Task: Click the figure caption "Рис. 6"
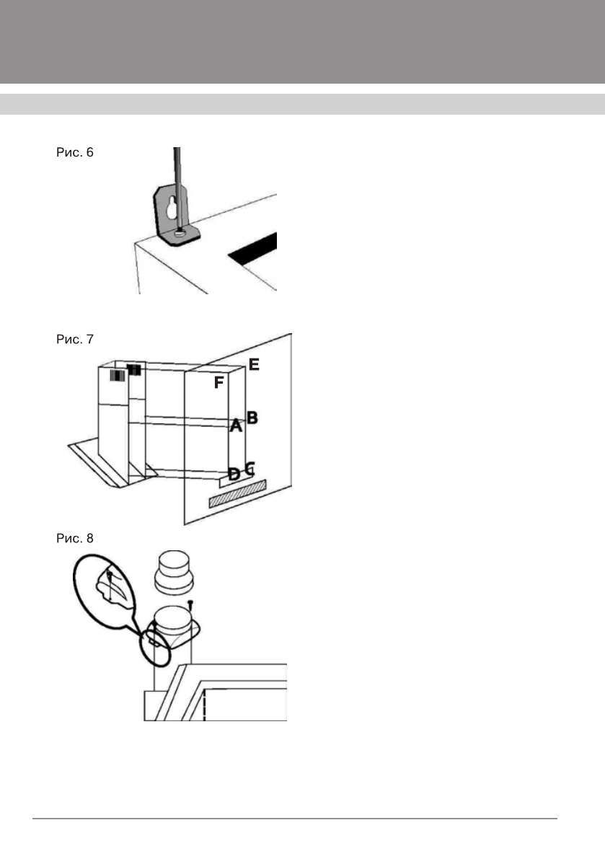(x=74, y=154)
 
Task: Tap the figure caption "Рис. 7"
(x=74, y=339)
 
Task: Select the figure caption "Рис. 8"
(x=74, y=538)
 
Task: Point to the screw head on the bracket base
(x=177, y=232)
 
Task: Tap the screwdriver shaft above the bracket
(x=177, y=173)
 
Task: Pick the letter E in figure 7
(x=254, y=365)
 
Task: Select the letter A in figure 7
(x=234, y=426)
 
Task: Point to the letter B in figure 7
(x=252, y=417)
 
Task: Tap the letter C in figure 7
(x=249, y=467)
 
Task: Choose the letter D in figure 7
(x=234, y=474)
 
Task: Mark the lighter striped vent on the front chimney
(x=117, y=376)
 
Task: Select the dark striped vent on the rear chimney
(x=134, y=369)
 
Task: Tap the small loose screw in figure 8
(x=191, y=602)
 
